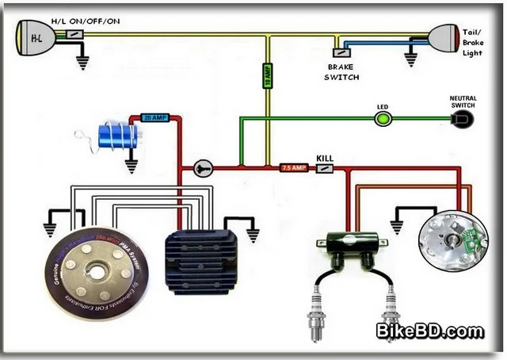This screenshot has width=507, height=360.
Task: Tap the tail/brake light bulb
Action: (x=444, y=36)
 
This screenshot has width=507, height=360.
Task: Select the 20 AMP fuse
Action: (x=154, y=117)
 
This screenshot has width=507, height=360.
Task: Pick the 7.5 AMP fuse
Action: (x=293, y=168)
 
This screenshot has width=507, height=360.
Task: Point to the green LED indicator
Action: (x=384, y=120)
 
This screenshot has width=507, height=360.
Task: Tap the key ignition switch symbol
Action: (x=203, y=168)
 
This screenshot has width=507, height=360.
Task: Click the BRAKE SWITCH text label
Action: (x=342, y=72)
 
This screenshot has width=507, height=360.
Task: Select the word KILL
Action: (x=325, y=159)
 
